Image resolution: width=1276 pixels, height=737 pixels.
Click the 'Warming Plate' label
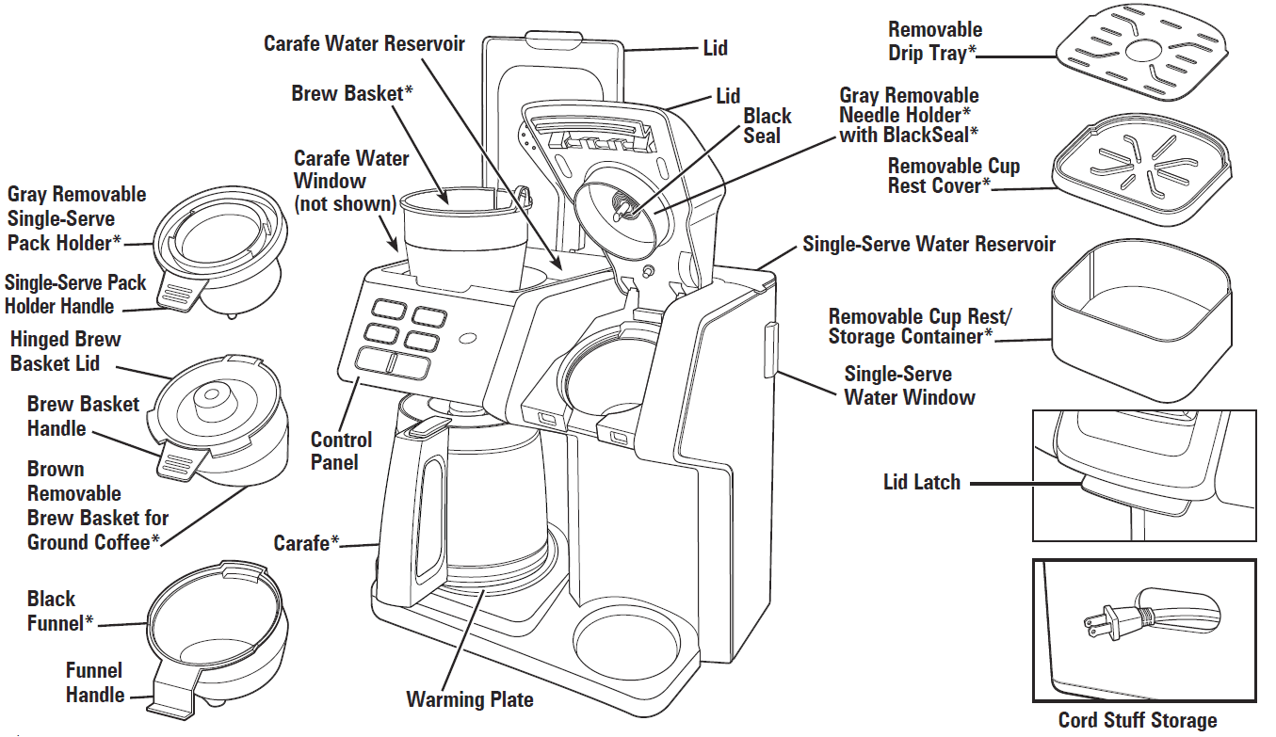coord(469,699)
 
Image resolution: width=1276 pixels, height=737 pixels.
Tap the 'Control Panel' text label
coord(341,451)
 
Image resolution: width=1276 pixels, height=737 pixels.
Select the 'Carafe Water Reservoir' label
coord(363,44)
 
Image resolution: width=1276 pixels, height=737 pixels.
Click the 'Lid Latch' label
coord(921,482)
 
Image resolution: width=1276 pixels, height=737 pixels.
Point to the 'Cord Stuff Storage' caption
coord(1137,720)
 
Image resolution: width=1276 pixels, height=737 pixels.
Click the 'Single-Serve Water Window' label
coord(909,386)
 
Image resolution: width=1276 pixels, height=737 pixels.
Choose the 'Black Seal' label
coord(767,126)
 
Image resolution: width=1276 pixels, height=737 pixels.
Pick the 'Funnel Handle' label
coord(94,682)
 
